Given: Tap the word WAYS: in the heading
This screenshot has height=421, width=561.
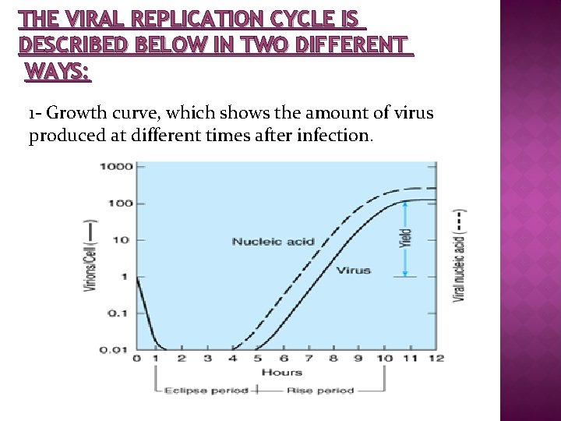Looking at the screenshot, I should click(x=58, y=73).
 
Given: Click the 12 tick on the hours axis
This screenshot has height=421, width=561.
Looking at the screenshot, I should click(x=436, y=358).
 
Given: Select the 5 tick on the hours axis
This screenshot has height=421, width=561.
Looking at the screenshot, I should click(x=258, y=358).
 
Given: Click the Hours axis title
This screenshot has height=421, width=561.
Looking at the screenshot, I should click(x=282, y=372).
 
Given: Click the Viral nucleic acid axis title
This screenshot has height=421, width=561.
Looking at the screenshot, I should click(x=460, y=256).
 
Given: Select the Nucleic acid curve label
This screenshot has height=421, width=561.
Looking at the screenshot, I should click(x=273, y=242).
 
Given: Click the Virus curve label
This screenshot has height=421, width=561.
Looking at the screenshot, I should click(x=353, y=271).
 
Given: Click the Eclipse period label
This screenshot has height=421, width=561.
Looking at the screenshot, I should click(x=207, y=391).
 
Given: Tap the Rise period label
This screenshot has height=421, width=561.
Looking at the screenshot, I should click(x=320, y=391).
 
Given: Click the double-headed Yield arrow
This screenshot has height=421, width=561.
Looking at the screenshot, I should click(x=405, y=239).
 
